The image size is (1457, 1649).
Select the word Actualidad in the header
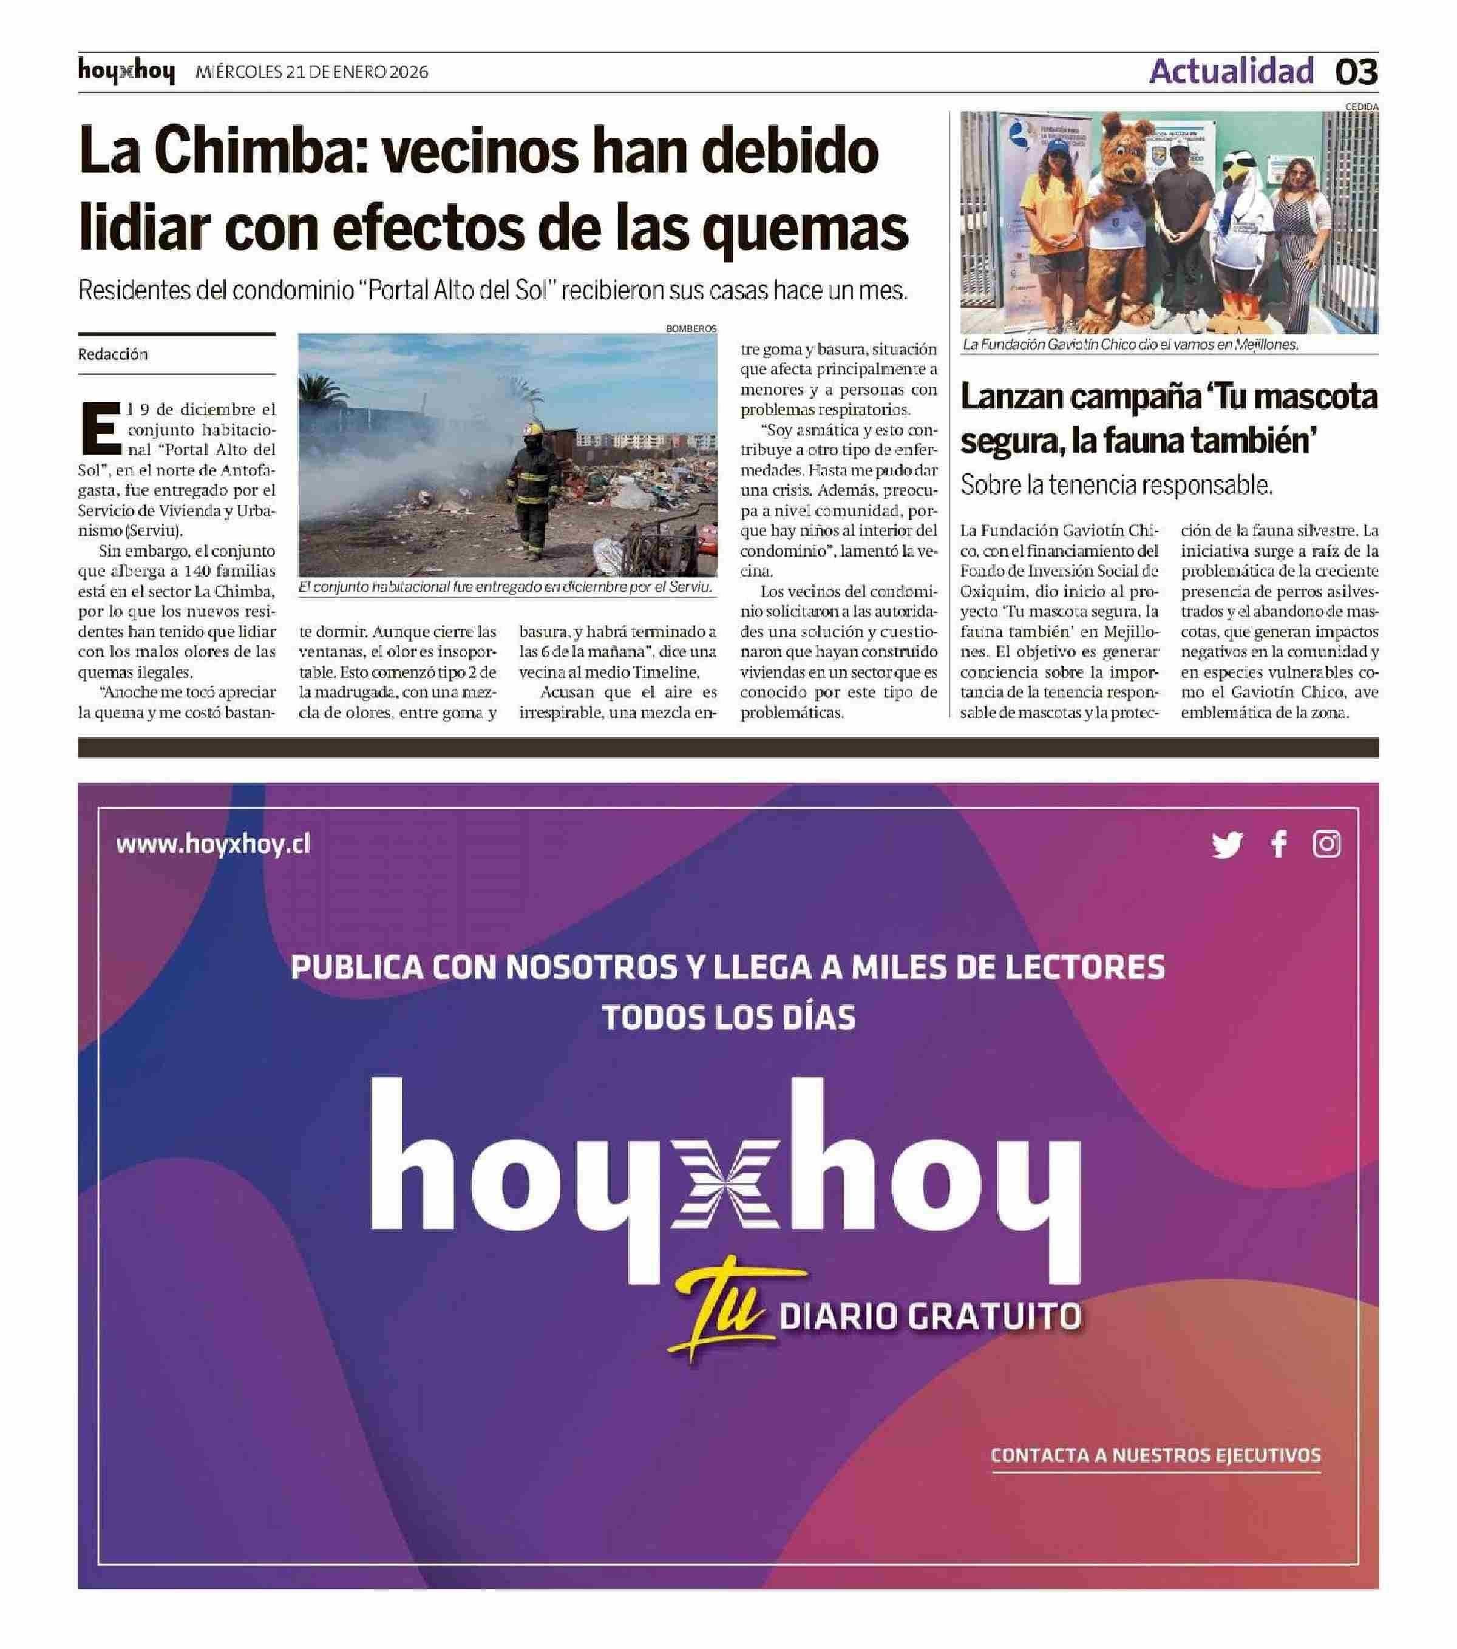pyautogui.click(x=1231, y=72)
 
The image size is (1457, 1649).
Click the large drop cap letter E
pyautogui.click(x=100, y=428)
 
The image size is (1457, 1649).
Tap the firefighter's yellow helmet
pyautogui.click(x=532, y=430)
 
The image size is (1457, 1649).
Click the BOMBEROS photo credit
pyautogui.click(x=691, y=328)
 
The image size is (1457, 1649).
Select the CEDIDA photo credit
pyautogui.click(x=1362, y=106)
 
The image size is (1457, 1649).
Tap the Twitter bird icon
pyautogui.click(x=1226, y=845)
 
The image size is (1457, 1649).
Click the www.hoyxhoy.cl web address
pyautogui.click(x=213, y=845)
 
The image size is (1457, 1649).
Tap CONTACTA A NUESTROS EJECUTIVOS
pyautogui.click(x=1155, y=1455)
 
